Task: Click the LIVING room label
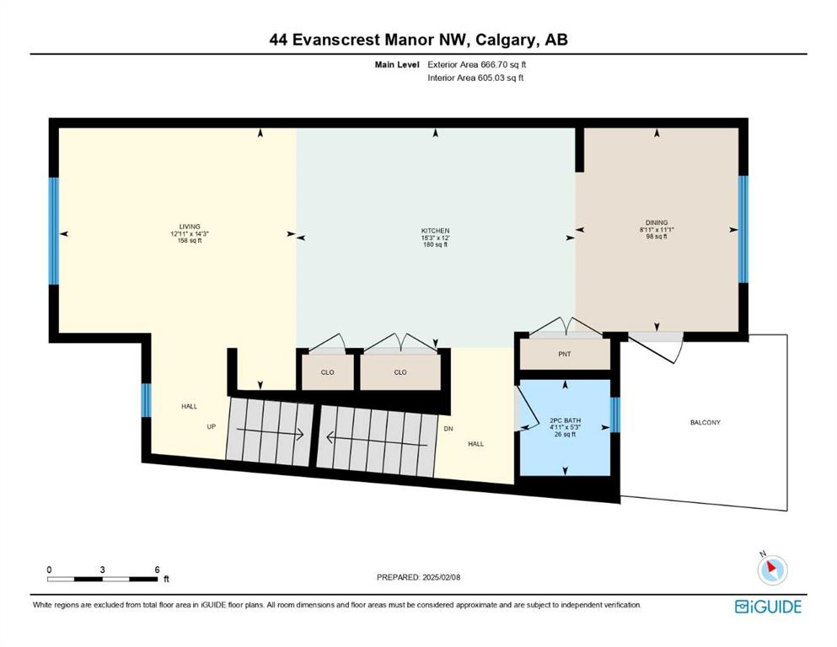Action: click(x=190, y=227)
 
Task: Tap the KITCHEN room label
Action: click(x=435, y=231)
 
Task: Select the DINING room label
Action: click(x=657, y=222)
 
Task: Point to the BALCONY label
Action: click(x=706, y=422)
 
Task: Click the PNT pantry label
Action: click(x=564, y=354)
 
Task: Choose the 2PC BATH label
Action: click(x=566, y=420)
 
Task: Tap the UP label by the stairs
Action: click(x=212, y=427)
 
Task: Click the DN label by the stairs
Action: click(x=448, y=429)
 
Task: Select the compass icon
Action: click(x=772, y=569)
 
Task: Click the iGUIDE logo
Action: click(x=768, y=607)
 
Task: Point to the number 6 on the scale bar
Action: click(x=157, y=569)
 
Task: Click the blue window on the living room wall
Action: click(x=53, y=231)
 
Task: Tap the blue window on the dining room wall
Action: click(x=743, y=229)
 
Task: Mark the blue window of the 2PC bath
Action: click(x=615, y=415)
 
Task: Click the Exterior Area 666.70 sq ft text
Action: click(x=477, y=65)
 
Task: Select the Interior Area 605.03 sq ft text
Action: click(x=475, y=78)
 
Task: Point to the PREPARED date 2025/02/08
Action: click(x=418, y=577)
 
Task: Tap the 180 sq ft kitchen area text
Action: click(x=435, y=245)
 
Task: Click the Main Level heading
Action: click(x=397, y=65)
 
